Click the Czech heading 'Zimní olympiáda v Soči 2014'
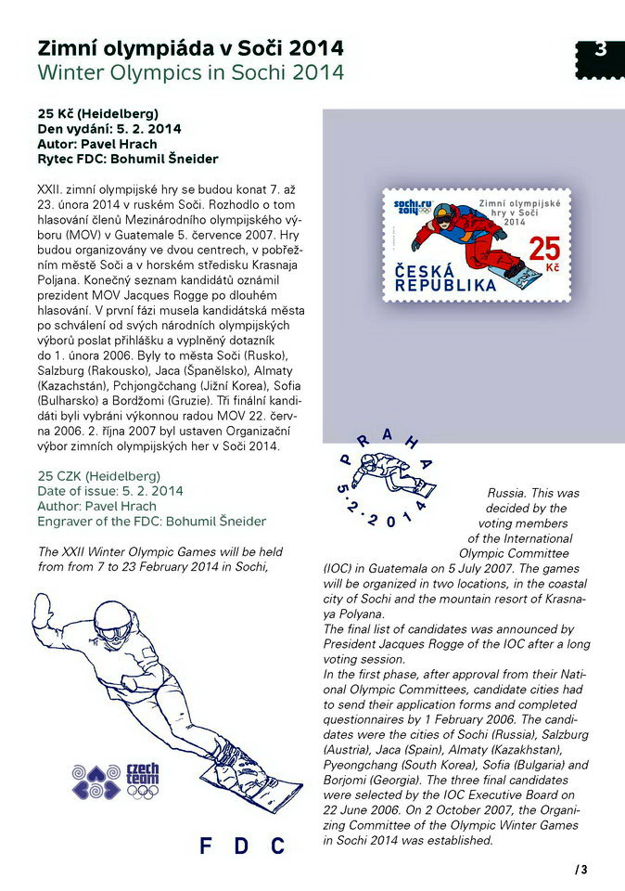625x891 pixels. pos(190,47)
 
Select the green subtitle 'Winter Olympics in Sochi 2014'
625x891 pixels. pos(190,71)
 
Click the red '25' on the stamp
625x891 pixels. pos(544,250)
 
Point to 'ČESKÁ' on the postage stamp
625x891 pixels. pos(430,269)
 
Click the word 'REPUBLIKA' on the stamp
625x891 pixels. pos(446,285)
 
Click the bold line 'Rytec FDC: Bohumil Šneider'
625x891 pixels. pos(127,159)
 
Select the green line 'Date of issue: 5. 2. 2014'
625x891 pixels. pos(110,491)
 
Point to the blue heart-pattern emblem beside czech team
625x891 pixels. pos(96,781)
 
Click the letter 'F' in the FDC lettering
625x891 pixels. pos(206,846)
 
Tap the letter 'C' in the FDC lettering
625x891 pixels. pos(277,846)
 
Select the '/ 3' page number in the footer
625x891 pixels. pos(581,870)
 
